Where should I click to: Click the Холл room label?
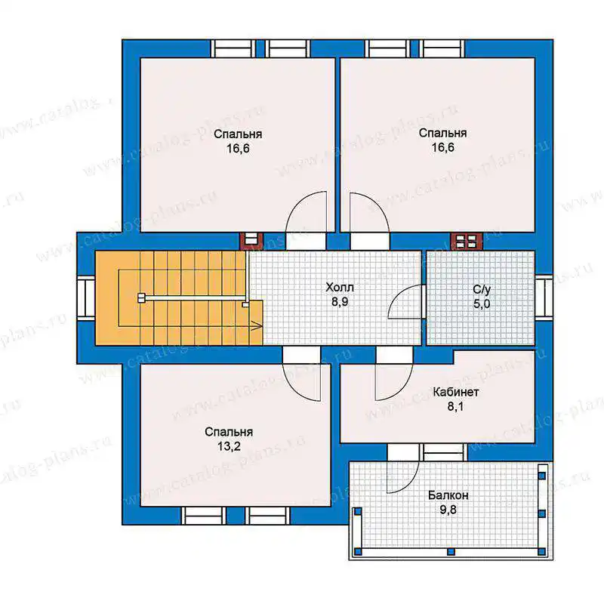pos(339,288)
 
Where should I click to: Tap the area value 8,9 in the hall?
pos(340,301)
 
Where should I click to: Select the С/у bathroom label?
pos(482,289)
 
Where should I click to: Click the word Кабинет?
pos(456,392)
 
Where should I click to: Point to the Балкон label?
pos(448,495)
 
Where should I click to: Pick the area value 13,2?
pos(229,446)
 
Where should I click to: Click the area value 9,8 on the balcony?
pos(448,510)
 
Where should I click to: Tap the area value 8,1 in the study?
pos(455,406)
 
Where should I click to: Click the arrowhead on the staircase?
pos(257,326)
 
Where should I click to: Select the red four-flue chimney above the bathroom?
pos(467,242)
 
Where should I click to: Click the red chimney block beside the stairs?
pos(251,242)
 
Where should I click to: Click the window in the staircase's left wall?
pos(86,298)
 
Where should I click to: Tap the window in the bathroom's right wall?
pos(544,297)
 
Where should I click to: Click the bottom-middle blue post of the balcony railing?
pos(451,552)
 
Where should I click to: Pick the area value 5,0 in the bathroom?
pos(482,304)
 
